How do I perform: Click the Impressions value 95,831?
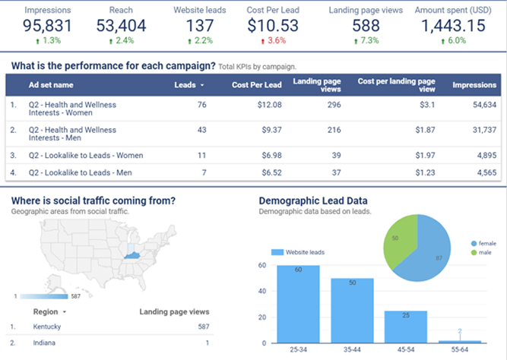pyautogui.click(x=36, y=26)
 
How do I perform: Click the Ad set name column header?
pyautogui.click(x=51, y=86)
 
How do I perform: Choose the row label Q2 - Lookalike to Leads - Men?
pyautogui.click(x=81, y=173)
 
